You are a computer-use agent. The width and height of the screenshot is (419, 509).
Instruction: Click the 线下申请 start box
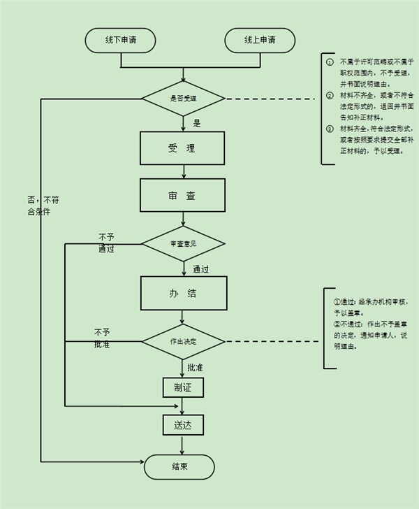(120, 40)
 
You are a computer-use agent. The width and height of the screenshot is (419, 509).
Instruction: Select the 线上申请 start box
(260, 40)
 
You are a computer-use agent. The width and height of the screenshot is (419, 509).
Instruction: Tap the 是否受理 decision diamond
(184, 99)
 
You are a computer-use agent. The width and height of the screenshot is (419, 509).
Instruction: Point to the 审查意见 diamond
(184, 244)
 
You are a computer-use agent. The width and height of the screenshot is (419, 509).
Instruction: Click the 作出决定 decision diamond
(184, 342)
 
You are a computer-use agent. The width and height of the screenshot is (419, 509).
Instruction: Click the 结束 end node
(179, 466)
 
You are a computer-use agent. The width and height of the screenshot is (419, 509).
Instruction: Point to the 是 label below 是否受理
(197, 123)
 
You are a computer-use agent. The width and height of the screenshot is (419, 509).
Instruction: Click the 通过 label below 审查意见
(201, 268)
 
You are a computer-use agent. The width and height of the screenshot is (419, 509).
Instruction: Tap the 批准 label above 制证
(195, 366)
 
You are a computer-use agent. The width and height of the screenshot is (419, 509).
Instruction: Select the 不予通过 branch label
(106, 243)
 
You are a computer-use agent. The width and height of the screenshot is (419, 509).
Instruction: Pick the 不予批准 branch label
(103, 338)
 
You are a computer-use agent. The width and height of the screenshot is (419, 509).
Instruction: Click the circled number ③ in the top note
(330, 129)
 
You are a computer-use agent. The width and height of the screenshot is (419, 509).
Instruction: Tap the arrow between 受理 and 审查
(183, 171)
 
